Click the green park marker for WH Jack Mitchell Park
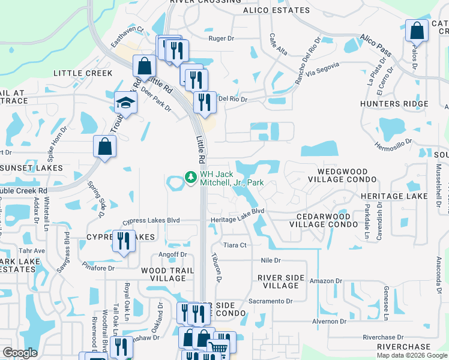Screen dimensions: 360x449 click(x=191, y=177)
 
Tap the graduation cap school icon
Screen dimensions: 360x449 click(x=126, y=103)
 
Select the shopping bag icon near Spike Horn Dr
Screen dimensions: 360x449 click(x=104, y=147)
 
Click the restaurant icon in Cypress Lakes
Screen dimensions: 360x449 click(x=124, y=242)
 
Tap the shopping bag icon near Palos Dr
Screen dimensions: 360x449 click(x=416, y=31)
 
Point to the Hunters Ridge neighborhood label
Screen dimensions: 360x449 click(x=394, y=104)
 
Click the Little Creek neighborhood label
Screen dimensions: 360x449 click(x=83, y=73)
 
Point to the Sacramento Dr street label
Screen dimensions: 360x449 click(x=270, y=301)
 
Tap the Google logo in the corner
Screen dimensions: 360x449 click(x=20, y=353)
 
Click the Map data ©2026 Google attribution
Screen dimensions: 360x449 click(x=412, y=355)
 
